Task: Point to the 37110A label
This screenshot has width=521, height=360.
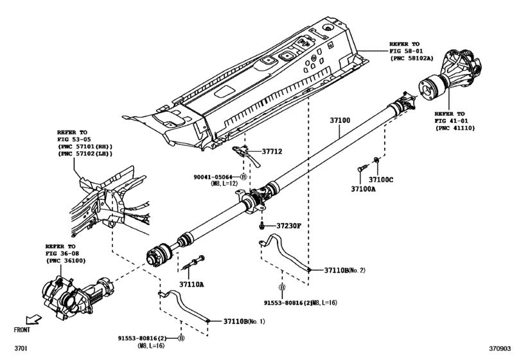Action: click(x=191, y=283)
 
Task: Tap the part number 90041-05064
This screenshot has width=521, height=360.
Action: click(x=216, y=176)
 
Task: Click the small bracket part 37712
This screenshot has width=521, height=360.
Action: click(x=244, y=152)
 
